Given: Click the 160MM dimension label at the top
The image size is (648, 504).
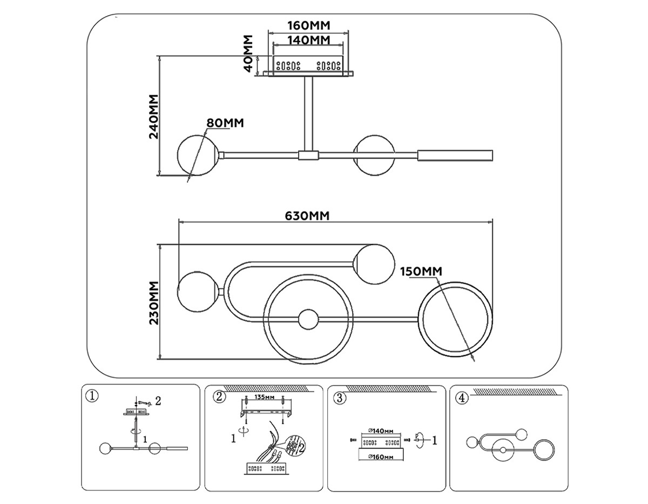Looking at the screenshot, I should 308,25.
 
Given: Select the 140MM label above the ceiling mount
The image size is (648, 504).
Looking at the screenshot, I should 308,40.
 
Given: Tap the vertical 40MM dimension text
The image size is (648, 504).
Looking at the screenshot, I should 248,54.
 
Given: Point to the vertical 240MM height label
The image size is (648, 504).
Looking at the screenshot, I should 154,117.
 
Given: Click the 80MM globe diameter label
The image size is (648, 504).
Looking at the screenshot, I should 225,123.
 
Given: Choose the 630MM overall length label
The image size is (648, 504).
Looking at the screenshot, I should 307,216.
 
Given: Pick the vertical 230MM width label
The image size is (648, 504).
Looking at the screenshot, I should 154,302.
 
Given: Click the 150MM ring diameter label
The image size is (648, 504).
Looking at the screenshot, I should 421,271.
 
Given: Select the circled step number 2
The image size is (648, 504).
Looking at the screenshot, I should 219,397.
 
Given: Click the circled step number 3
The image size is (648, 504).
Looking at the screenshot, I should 340,398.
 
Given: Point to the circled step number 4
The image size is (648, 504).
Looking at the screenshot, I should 461,398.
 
